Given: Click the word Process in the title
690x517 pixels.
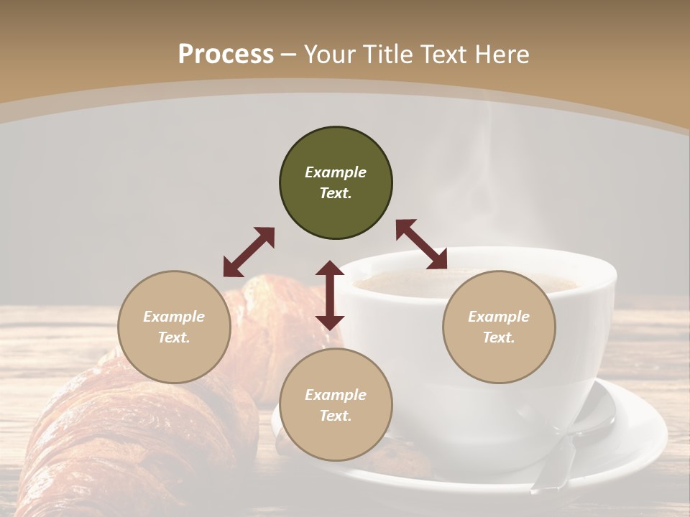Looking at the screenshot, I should pos(226,55).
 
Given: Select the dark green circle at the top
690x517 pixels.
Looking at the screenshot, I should pos(336,183).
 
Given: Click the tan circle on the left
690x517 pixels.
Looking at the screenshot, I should pos(174,327).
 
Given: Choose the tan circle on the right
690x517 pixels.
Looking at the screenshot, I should pos(499,327).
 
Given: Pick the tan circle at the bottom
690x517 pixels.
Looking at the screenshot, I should pos(336,405).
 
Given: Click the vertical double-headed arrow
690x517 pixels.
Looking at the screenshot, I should pos(330,295).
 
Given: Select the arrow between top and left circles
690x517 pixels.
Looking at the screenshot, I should pos(249,252).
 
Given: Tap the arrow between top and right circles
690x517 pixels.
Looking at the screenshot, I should pos(422,244).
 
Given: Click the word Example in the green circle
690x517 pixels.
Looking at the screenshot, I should pos(336,172).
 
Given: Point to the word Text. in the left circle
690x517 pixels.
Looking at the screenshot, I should pos(174,337).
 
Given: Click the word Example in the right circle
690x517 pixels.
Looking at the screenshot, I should pos(499,317).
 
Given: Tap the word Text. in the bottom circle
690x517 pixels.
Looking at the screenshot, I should pos(336,416).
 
